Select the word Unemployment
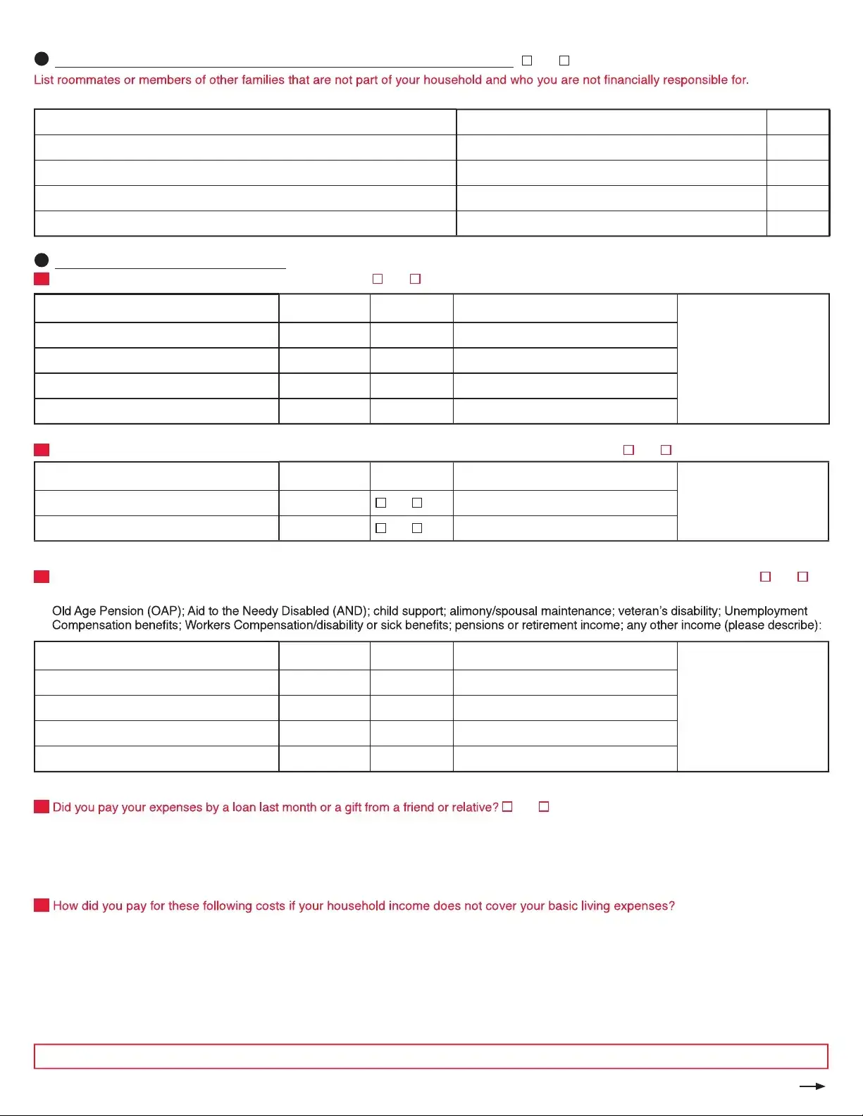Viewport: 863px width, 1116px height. tap(766, 611)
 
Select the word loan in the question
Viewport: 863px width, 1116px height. tap(244, 808)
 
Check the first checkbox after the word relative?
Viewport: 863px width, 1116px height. tap(507, 807)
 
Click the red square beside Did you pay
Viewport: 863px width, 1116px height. tap(42, 807)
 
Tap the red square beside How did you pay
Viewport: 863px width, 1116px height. tap(42, 905)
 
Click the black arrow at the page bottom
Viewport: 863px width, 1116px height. tap(812, 1086)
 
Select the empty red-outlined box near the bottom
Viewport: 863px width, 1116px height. tap(431, 1056)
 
